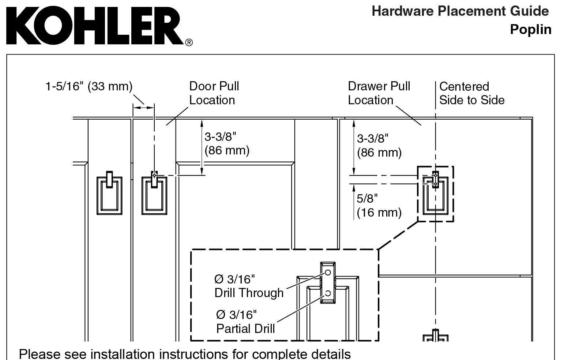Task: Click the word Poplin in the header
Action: (530, 29)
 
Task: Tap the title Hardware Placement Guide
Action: (460, 11)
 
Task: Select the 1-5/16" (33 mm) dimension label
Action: (89, 86)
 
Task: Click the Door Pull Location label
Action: (214, 93)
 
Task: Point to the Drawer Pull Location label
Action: (379, 93)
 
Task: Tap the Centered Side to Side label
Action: (471, 93)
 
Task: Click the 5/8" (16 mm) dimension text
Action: (379, 205)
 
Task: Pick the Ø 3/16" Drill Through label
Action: (249, 286)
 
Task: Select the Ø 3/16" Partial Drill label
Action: (245, 321)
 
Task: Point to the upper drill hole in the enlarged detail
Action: (328, 273)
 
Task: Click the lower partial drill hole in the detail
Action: (328, 293)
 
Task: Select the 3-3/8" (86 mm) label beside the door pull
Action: (227, 143)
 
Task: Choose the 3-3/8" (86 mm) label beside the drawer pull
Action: (379, 145)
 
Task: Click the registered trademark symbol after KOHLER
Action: (189, 42)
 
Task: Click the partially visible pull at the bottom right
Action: (435, 336)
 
